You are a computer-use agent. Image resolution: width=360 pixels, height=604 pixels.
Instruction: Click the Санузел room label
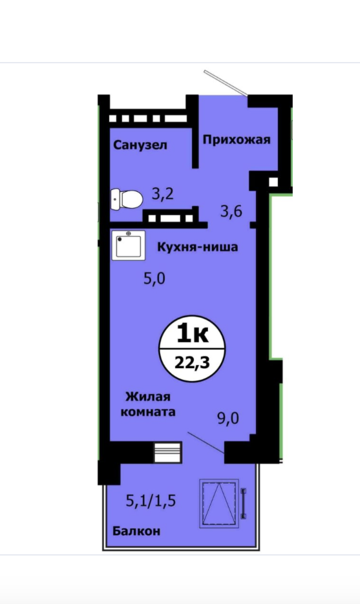click(140, 145)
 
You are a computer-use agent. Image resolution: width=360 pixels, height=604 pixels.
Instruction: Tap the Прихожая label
click(237, 140)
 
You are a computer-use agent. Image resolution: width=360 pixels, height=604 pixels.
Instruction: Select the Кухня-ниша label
click(197, 247)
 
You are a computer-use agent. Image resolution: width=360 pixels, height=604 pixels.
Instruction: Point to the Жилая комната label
click(149, 404)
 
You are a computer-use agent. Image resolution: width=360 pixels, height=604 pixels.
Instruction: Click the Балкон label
click(136, 531)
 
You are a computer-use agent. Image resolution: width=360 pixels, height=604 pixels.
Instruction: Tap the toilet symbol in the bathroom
click(127, 199)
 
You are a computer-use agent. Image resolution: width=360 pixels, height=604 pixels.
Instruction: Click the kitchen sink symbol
click(129, 245)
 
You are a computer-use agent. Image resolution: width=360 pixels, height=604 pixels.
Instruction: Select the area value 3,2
click(163, 194)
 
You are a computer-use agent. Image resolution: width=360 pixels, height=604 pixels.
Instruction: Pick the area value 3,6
click(231, 211)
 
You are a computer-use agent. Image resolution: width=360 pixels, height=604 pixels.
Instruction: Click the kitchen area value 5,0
click(154, 278)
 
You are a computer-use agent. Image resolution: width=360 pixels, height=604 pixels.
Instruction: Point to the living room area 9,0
click(228, 418)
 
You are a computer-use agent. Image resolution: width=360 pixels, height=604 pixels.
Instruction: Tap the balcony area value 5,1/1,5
click(151, 501)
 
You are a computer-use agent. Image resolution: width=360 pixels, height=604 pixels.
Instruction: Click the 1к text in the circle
click(193, 335)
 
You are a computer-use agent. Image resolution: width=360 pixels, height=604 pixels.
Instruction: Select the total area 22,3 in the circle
click(193, 362)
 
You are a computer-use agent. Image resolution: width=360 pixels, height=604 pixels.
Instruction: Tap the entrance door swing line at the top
click(226, 83)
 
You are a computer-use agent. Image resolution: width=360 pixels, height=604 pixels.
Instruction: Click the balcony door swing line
click(206, 443)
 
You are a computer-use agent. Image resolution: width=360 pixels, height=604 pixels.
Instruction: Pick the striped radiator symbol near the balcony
click(167, 452)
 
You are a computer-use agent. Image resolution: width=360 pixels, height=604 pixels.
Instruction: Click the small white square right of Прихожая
click(273, 182)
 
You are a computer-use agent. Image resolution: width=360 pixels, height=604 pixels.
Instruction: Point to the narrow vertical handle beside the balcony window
click(243, 503)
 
